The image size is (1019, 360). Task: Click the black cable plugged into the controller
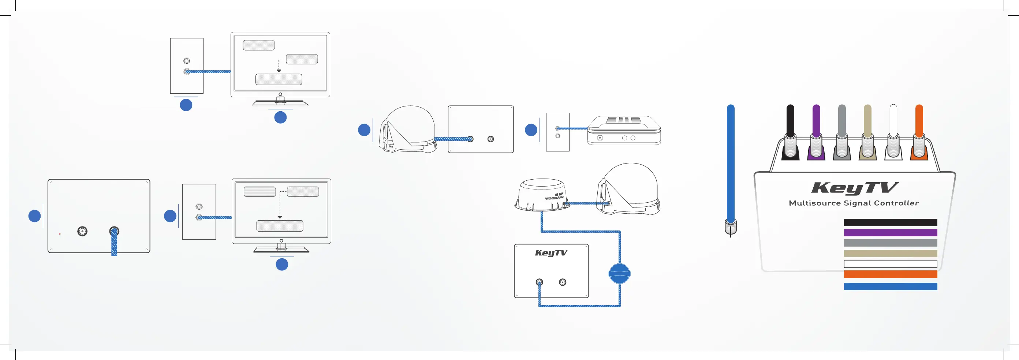click(x=790, y=123)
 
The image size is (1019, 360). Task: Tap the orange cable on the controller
click(x=919, y=123)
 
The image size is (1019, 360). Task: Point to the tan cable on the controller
click(x=867, y=123)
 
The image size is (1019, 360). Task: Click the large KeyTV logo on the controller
click(x=854, y=188)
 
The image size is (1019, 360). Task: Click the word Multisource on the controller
click(x=814, y=203)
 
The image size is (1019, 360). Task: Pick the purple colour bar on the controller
click(x=890, y=233)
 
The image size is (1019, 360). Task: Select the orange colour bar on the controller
click(x=890, y=274)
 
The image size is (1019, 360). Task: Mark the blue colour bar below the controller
click(x=890, y=286)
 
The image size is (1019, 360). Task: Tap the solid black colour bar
click(x=890, y=222)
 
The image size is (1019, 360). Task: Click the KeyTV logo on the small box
click(x=551, y=253)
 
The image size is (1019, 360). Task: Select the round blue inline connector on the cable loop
click(x=619, y=274)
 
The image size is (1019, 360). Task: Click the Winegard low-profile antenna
click(x=542, y=195)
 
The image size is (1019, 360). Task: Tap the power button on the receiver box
click(x=600, y=138)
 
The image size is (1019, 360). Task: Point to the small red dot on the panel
click(x=60, y=234)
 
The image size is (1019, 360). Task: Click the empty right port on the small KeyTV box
click(x=563, y=282)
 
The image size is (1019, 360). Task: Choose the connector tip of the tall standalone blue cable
click(x=731, y=228)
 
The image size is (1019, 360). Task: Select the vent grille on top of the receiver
click(x=623, y=119)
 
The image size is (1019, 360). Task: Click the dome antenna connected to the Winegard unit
click(x=628, y=189)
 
